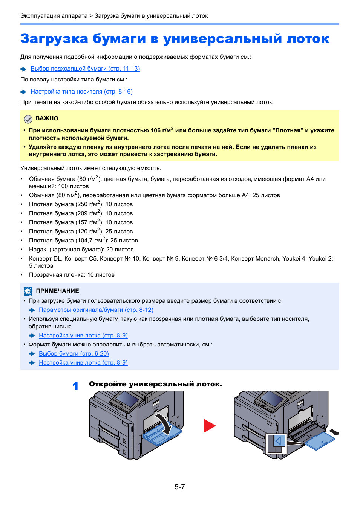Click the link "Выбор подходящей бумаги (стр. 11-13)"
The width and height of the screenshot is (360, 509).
85,69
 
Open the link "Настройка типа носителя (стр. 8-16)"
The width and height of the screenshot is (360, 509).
81,92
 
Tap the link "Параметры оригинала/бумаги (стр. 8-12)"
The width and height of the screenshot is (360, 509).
96,310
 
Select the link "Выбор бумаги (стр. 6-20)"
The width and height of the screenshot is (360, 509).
74,354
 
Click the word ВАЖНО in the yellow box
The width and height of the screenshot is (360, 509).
47,118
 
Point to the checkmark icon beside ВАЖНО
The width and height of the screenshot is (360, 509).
28,119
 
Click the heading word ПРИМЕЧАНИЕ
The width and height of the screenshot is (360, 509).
57,291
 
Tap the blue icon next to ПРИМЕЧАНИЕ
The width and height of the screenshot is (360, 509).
28,291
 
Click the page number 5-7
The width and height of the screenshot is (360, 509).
180,487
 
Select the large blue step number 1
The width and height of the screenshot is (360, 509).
75,386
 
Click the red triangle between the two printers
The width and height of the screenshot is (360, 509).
209,426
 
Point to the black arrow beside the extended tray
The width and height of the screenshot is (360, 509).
334,432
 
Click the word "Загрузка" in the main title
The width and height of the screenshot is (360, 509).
54,39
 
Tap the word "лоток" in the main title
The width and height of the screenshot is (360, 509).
308,39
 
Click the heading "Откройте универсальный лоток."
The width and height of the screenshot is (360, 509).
155,384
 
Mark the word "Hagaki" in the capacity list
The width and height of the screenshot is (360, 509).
38,250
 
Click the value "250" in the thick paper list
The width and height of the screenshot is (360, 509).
82,204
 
